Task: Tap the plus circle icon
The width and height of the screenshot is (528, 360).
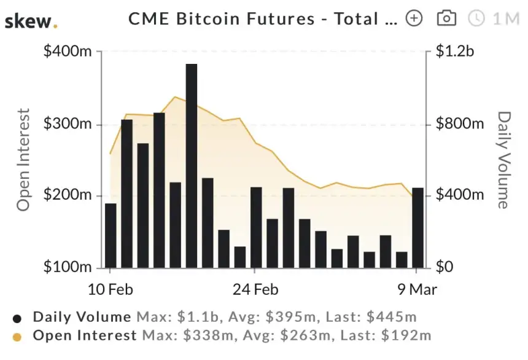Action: [415, 18]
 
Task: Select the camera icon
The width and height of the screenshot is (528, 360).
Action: [446, 18]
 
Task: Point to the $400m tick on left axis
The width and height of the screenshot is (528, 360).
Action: [67, 51]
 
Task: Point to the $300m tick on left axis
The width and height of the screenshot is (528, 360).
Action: [67, 123]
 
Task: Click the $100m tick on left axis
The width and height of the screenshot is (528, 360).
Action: [67, 268]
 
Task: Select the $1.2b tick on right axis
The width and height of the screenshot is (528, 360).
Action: [455, 51]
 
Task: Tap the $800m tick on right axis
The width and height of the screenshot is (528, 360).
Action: [460, 123]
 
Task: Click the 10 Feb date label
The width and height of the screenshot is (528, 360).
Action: [111, 289]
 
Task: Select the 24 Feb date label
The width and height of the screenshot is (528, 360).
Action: [254, 289]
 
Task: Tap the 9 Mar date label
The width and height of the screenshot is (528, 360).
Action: [415, 289]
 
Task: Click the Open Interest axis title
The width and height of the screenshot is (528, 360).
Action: [23, 160]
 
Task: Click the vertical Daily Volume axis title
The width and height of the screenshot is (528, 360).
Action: [503, 160]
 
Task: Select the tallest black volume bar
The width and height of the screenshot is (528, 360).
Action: [191, 166]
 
